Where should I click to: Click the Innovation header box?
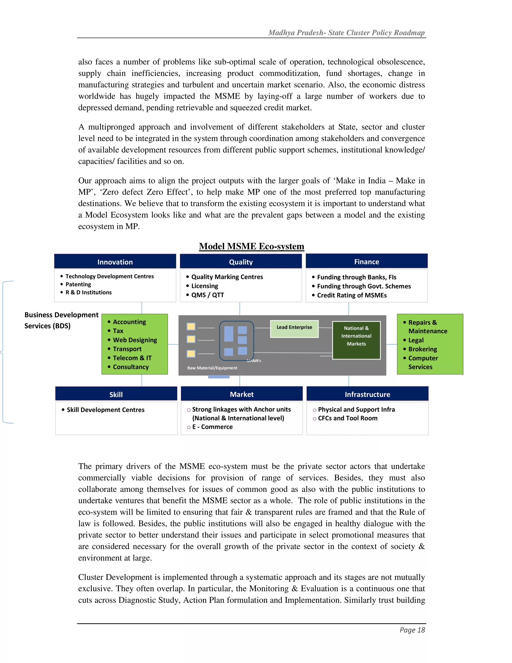(115, 262)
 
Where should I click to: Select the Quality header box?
(241, 262)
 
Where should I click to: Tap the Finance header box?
(366, 261)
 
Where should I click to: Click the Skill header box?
(116, 394)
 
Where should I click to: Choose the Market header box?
(242, 394)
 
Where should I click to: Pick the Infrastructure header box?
(367, 394)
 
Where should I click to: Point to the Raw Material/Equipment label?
(212, 368)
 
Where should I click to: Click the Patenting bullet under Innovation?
(78, 284)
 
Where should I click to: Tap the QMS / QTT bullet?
(207, 295)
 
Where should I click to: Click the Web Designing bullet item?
(135, 340)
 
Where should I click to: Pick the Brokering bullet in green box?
(422, 349)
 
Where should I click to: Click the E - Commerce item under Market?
(212, 427)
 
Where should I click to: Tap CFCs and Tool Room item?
(347, 418)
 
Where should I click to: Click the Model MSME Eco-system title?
(251, 246)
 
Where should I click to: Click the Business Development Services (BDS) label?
(61, 320)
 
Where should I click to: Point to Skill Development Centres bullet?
(105, 410)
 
